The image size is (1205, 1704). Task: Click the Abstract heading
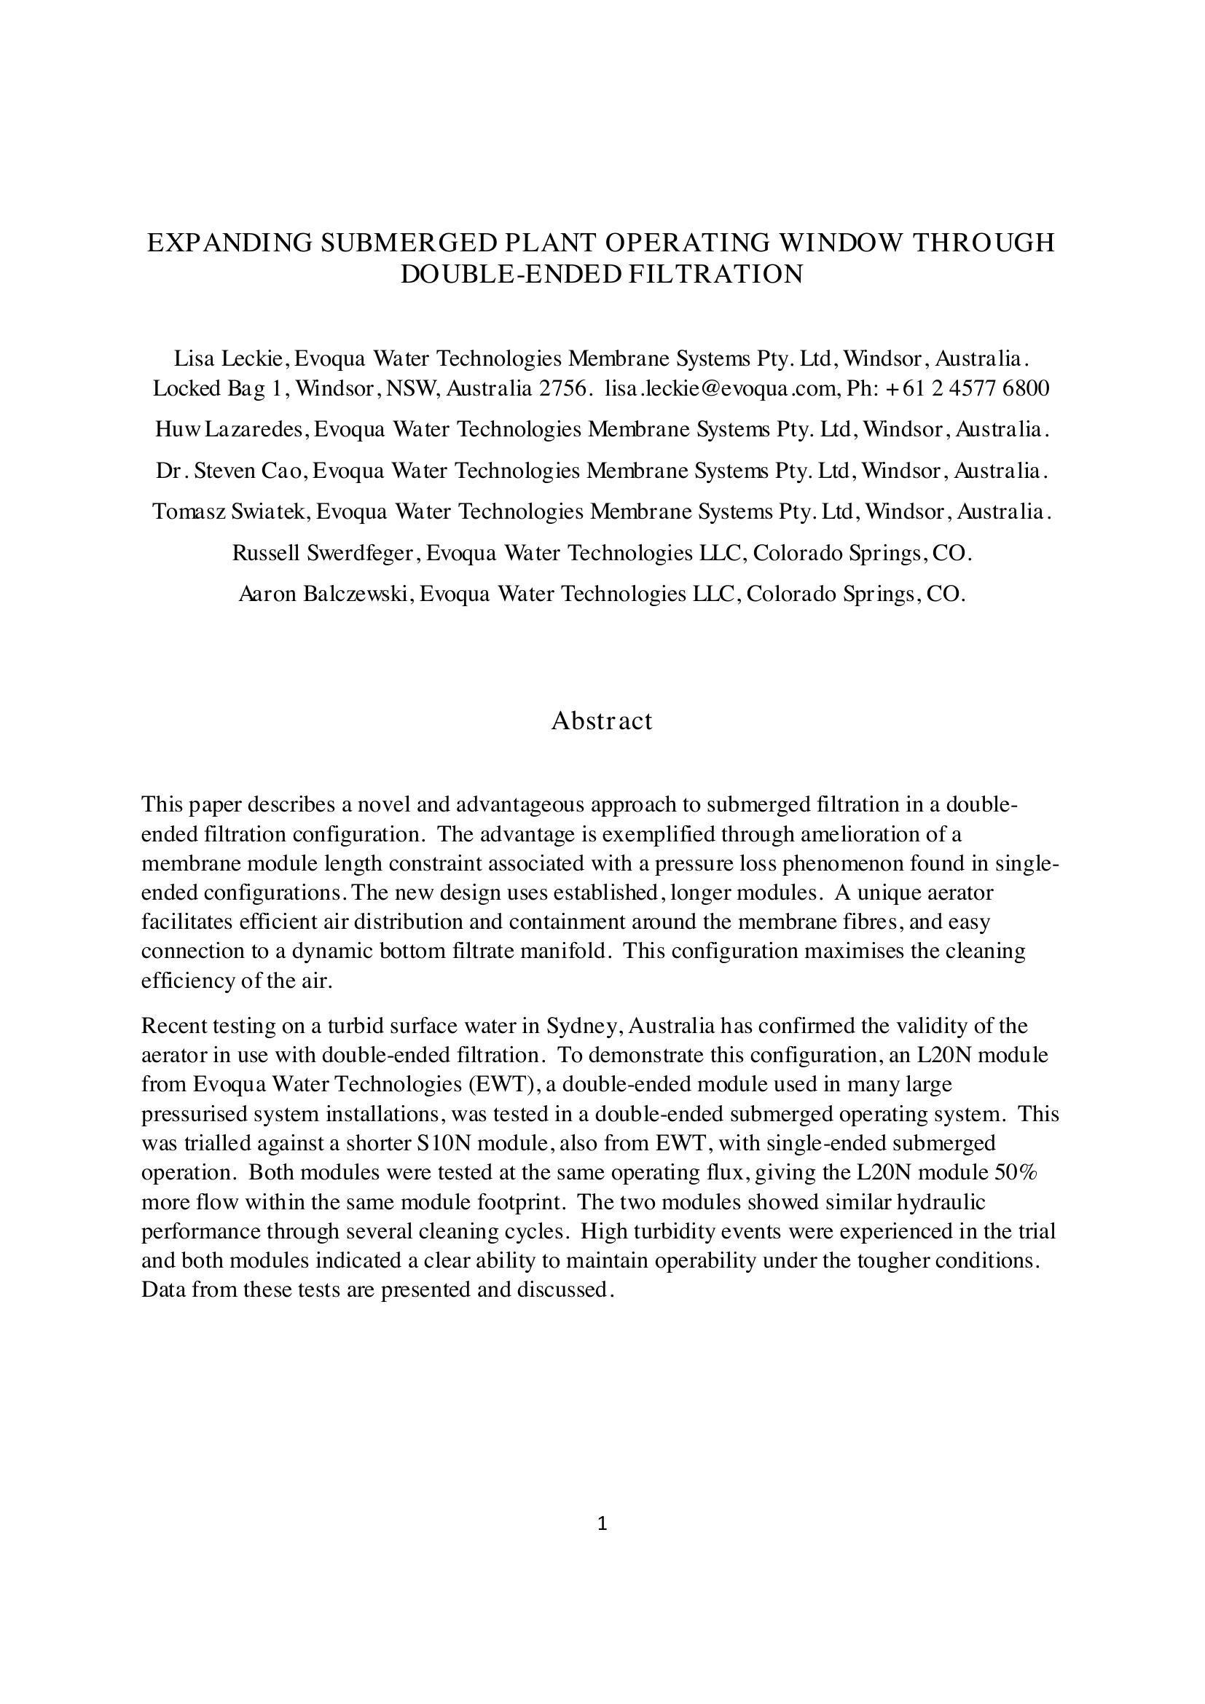pyautogui.click(x=602, y=721)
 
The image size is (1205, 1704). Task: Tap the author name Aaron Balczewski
pyautogui.click(x=325, y=594)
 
